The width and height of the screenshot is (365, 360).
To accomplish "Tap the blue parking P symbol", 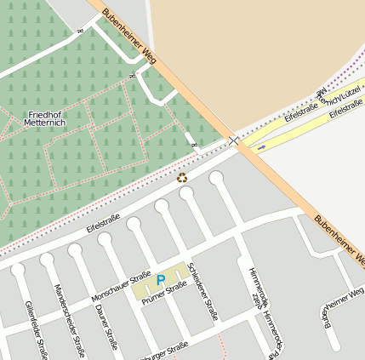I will tap(161, 280).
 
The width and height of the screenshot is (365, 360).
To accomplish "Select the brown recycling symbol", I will tap(181, 178).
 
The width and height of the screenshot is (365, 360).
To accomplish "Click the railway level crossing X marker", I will tap(234, 140).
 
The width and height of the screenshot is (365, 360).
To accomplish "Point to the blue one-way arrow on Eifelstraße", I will tap(261, 146).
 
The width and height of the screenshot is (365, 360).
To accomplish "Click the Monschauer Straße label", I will tap(121, 287).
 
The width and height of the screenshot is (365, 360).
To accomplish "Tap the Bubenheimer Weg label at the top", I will tap(128, 37).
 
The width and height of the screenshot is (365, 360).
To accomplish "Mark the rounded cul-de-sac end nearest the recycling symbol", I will tap(186, 193).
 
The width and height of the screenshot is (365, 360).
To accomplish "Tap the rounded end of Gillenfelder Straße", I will tap(18, 269).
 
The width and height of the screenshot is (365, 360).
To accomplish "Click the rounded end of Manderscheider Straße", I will tap(47, 260).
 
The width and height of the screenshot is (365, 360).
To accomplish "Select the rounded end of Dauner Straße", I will tap(76, 250).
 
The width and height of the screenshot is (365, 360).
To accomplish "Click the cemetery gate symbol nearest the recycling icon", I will tap(195, 146).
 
